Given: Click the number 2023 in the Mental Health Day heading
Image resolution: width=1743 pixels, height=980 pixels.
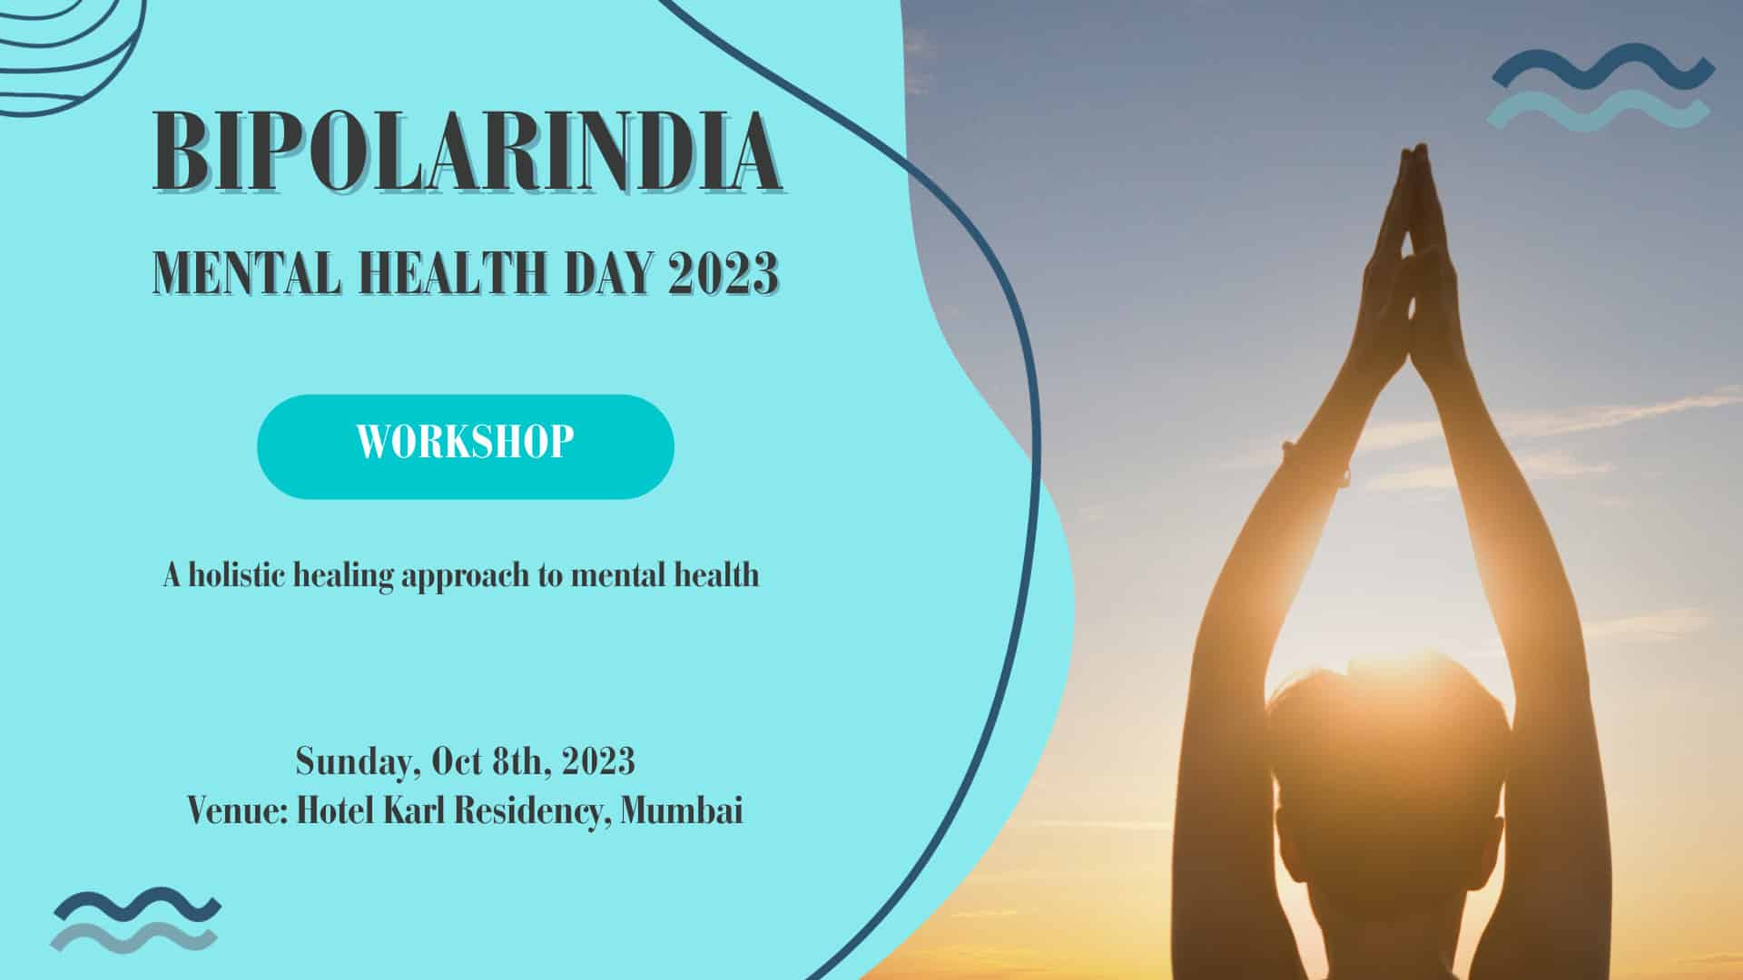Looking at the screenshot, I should tap(723, 272).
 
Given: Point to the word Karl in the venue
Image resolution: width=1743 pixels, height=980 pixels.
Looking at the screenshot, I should tap(414, 809).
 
